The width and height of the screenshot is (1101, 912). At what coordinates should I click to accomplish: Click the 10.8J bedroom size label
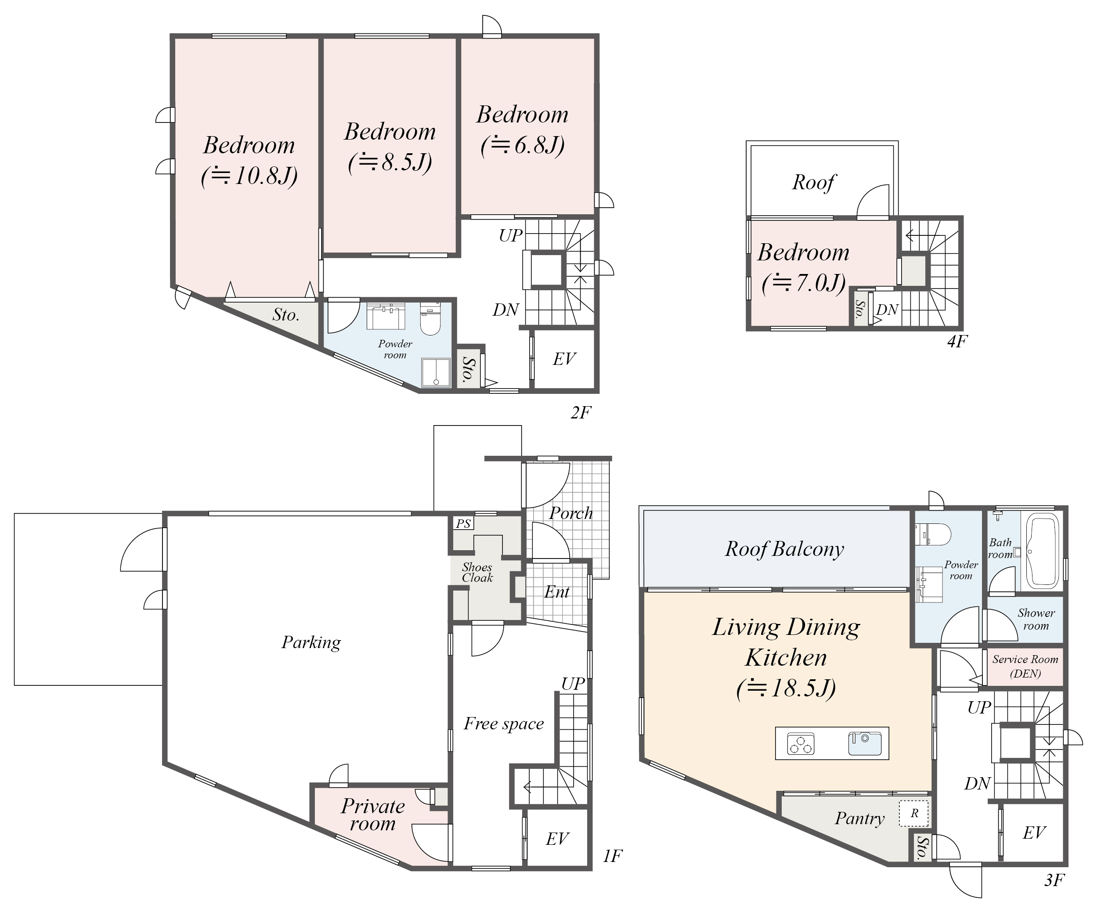tap(249, 176)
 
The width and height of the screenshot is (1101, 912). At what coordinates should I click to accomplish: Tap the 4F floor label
tap(957, 342)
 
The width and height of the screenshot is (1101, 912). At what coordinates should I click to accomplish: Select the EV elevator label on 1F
tap(557, 839)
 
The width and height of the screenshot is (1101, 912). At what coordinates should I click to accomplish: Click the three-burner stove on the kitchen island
tap(801, 744)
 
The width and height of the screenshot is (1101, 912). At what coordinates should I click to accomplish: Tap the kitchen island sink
tap(865, 744)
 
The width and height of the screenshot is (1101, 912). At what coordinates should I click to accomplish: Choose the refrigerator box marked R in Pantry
tap(914, 814)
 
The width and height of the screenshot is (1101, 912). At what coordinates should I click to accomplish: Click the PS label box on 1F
tap(463, 523)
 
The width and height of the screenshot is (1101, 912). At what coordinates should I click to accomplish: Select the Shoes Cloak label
tap(477, 572)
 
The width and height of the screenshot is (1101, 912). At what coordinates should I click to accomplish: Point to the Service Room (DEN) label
tap(1025, 666)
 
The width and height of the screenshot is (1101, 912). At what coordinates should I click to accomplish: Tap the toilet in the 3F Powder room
tap(933, 534)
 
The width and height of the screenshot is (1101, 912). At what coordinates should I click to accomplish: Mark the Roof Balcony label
tap(784, 549)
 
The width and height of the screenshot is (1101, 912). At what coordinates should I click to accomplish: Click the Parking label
tap(311, 642)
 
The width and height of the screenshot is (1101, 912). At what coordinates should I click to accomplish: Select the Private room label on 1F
tap(373, 815)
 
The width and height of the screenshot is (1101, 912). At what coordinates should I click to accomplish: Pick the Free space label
tap(503, 724)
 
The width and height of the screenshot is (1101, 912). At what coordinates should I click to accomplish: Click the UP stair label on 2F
tap(511, 236)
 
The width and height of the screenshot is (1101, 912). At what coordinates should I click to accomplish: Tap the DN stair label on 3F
tap(977, 784)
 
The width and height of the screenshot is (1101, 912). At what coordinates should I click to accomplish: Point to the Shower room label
tap(1036, 619)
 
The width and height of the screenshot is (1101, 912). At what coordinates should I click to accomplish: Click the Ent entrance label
tap(557, 592)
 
